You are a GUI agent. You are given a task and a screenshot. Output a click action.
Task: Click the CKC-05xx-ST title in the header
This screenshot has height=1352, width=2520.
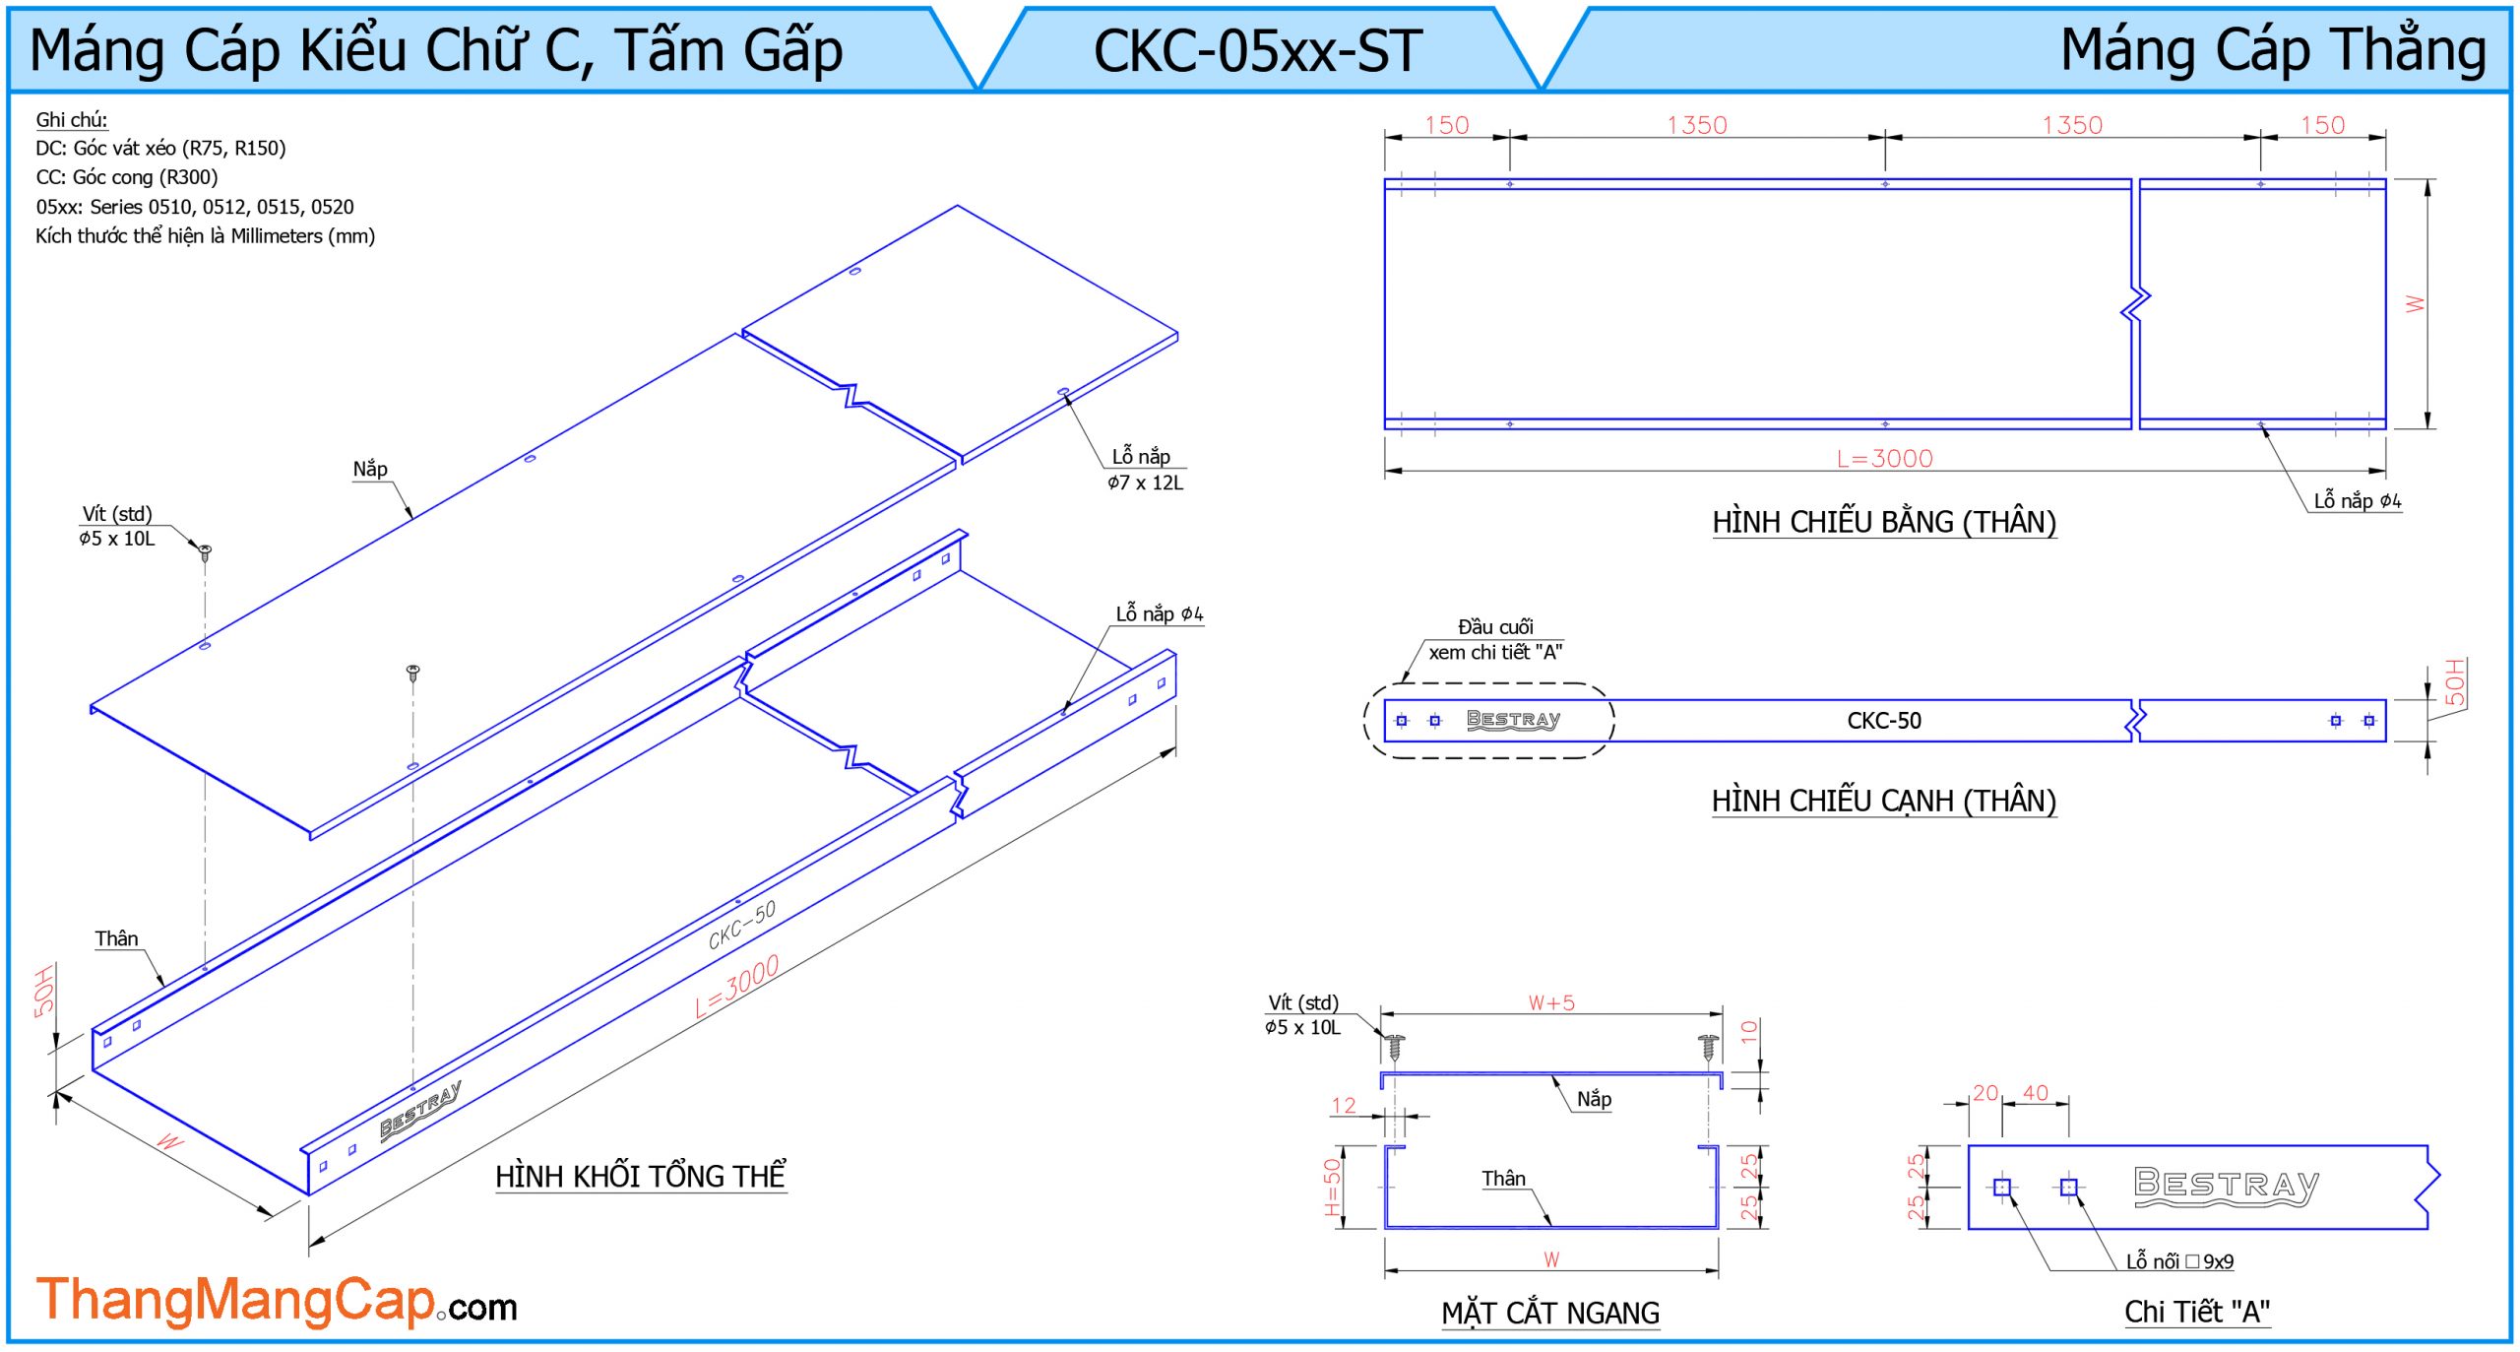click(x=1258, y=51)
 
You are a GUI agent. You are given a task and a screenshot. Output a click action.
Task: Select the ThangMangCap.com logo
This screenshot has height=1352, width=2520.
click(x=276, y=1301)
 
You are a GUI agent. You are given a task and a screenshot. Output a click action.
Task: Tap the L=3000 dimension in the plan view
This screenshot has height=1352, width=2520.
click(x=1884, y=459)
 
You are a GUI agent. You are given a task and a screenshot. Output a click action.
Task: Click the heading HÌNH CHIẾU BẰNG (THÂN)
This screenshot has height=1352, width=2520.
click(x=1884, y=522)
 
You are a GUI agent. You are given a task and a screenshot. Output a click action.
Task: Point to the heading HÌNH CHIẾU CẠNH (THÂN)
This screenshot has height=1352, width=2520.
click(x=1884, y=801)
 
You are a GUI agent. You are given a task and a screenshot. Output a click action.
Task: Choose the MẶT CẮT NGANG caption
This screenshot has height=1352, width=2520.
click(x=1550, y=1313)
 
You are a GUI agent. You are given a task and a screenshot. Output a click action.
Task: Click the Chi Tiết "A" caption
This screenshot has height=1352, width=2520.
click(x=2197, y=1312)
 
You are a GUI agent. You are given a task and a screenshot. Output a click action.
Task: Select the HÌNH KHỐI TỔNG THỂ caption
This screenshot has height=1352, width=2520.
click(x=641, y=1177)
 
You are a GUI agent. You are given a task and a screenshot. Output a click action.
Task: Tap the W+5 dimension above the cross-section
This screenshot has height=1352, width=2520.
click(x=1551, y=1002)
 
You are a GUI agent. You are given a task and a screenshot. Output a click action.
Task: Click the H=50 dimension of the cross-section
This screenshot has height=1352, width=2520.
click(x=1332, y=1187)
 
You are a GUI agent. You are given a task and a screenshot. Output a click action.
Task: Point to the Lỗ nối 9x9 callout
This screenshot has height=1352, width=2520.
click(x=2179, y=1261)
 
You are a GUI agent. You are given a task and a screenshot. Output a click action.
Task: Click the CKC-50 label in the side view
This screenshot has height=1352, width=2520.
click(x=1884, y=721)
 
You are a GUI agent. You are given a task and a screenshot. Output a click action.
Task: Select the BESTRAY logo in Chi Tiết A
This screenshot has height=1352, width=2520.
click(x=2227, y=1186)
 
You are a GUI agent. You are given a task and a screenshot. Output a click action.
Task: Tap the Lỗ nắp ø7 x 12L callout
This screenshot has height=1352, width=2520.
click(x=1145, y=470)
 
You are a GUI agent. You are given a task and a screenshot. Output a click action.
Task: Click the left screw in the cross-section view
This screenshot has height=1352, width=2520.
click(x=1395, y=1046)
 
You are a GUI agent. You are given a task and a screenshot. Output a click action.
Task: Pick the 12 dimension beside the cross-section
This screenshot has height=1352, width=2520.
click(x=1344, y=1106)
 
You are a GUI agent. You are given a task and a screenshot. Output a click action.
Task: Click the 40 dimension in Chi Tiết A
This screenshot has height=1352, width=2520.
click(x=2036, y=1093)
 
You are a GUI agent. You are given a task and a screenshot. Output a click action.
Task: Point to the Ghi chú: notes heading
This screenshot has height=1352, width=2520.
click(x=72, y=120)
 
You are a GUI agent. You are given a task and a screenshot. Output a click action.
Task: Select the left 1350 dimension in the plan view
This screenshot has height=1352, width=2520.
click(x=1697, y=125)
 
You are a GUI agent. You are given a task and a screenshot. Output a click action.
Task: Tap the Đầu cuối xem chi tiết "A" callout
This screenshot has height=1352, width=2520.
click(x=1495, y=640)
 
